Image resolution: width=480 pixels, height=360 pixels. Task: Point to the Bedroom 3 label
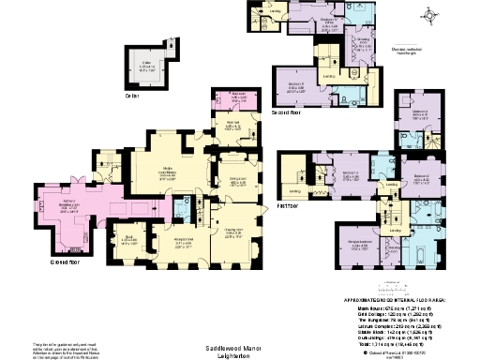pos(351,175)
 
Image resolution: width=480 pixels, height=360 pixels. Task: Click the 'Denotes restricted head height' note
pos(428,52)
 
